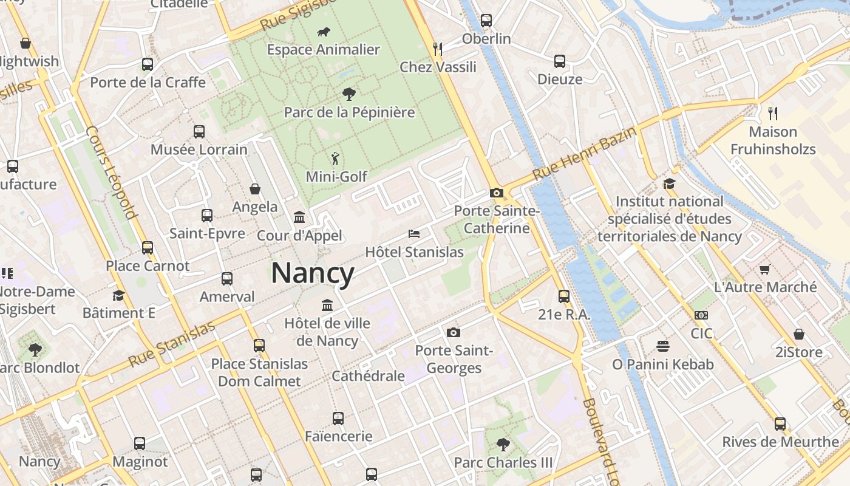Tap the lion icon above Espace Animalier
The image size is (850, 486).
click(324, 32)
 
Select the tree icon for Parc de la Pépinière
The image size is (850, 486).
click(349, 94)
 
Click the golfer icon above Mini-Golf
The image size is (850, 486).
click(335, 159)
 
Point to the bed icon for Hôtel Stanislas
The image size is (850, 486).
click(414, 234)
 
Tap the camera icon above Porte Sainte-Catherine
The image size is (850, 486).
click(497, 193)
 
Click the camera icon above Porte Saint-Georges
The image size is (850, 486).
click(454, 332)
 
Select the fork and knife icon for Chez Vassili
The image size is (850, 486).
click(437, 49)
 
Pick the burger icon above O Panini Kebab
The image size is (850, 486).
click(663, 346)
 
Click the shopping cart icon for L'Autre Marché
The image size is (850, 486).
click(765, 269)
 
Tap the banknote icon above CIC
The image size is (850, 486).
click(701, 315)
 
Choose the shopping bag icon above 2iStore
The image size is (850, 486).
click(799, 334)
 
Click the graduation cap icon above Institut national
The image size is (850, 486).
click(669, 183)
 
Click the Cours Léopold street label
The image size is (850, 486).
click(111, 173)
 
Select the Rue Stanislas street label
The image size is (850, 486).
click(172, 344)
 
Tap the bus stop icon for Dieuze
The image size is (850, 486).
click(560, 61)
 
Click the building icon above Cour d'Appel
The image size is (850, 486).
click(299, 217)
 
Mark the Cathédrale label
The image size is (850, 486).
click(368, 376)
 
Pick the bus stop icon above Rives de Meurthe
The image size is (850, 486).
click(780, 424)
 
